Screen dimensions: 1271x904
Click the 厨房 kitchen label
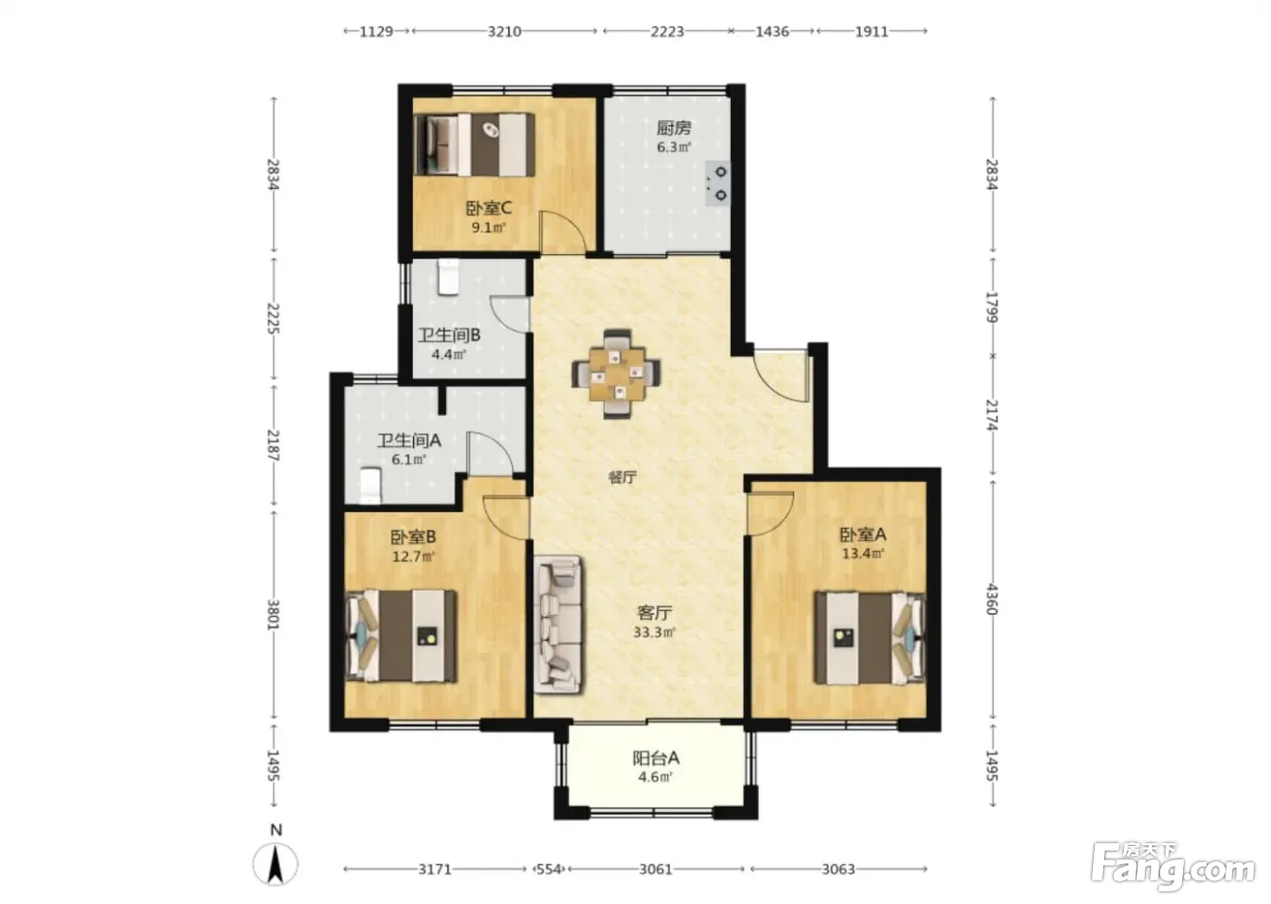click(x=674, y=128)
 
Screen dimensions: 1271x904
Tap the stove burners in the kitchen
click(x=717, y=183)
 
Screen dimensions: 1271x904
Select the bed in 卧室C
click(x=474, y=144)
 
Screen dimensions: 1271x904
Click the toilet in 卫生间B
click(x=448, y=277)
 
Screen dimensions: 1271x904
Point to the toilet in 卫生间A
click(x=370, y=486)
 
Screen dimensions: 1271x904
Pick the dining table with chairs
click(x=616, y=374)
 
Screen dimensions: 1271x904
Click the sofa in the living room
click(x=558, y=624)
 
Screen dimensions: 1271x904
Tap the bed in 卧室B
click(x=401, y=635)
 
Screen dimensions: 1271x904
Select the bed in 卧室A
click(x=870, y=638)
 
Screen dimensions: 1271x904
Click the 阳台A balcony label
click(x=655, y=758)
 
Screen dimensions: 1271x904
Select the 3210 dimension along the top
click(x=505, y=31)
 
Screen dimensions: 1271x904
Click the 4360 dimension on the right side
click(x=991, y=599)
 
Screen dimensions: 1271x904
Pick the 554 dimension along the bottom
click(x=548, y=870)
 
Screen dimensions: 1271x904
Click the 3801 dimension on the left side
click(x=273, y=614)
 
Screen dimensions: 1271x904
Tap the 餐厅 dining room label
click(x=623, y=477)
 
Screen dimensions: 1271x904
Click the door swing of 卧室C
click(x=563, y=231)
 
